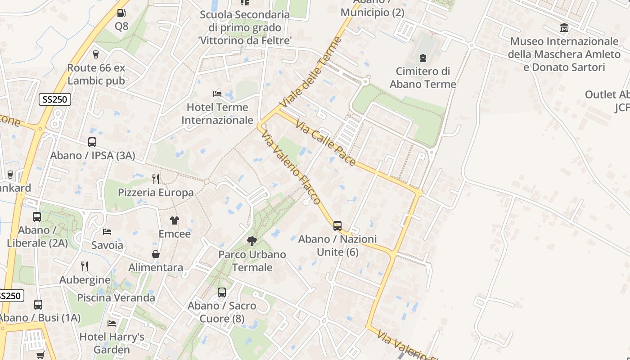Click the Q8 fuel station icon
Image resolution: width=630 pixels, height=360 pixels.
pos(121,13)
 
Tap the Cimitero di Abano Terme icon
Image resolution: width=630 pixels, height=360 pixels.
pos(423,58)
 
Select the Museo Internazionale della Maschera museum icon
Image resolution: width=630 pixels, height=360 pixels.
pos(564,28)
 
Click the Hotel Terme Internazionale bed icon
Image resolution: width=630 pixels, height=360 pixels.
pos(217,94)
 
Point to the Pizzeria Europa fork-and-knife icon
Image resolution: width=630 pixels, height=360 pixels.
pos(156,179)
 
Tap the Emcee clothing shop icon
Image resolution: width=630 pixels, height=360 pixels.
pos(175,220)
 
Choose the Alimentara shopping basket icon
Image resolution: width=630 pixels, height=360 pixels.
pos(156,254)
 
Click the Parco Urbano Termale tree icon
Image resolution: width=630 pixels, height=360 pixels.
pos(252,241)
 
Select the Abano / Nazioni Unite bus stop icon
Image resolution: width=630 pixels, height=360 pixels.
pos(337,225)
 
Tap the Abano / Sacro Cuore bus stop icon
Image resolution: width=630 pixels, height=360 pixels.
pos(222,292)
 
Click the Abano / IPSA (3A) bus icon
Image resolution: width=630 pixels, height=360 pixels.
pos(92,142)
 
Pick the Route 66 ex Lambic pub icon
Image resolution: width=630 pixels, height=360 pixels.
pos(96,54)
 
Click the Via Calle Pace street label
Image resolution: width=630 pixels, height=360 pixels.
pos(326,142)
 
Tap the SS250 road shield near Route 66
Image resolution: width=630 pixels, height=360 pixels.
pos(55,99)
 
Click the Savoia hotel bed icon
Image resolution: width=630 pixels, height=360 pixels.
pos(107,232)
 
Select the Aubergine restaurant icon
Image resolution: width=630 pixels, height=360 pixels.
pos(84,266)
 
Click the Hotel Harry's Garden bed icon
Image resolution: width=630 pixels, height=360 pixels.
pos(112,324)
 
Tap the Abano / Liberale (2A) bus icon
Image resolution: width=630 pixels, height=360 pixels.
pos(37,216)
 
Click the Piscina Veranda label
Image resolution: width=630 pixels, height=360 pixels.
pos(116,297)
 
